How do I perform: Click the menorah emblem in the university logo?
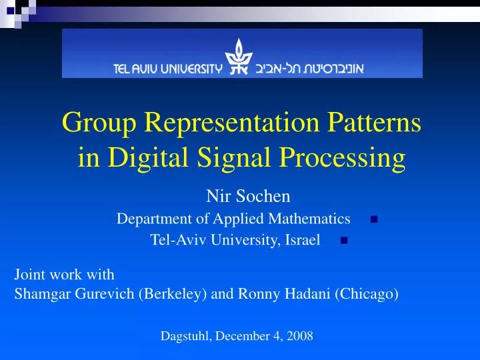point(236,56)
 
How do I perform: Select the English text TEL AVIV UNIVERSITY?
point(166,68)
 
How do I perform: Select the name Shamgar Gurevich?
point(75,293)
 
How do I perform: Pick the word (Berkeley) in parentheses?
point(172,293)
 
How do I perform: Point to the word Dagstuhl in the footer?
point(184,336)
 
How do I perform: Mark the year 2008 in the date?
point(299,336)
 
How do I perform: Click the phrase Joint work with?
point(65,274)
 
